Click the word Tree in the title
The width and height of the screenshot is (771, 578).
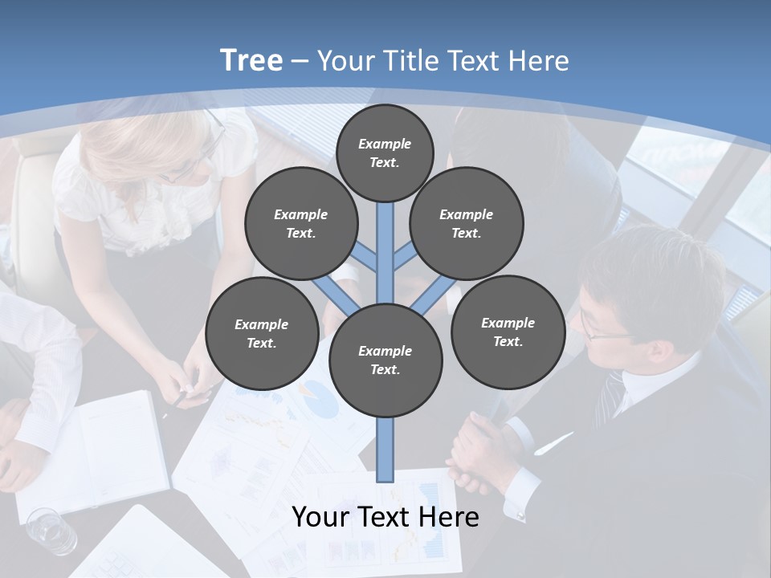[251, 61]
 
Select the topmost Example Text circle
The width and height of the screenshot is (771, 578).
[385, 153]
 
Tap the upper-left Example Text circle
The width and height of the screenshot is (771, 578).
[300, 223]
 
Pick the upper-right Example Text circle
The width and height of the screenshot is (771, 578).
[466, 223]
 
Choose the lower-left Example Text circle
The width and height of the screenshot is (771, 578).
[261, 333]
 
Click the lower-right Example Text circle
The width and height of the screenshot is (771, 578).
[508, 332]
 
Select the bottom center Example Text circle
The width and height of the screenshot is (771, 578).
[385, 360]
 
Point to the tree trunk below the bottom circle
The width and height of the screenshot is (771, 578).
[385, 450]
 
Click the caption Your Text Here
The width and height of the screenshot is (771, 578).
[385, 517]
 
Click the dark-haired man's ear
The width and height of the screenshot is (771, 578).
[659, 352]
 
